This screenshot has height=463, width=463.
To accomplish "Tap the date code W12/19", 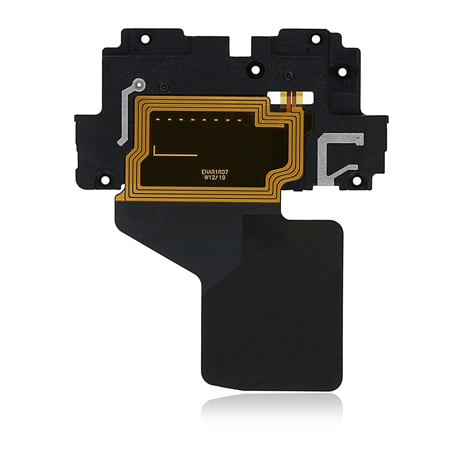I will point(219,177).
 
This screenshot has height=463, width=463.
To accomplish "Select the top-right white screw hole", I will point(315,39).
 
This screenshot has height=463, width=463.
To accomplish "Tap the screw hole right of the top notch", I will point(255,70).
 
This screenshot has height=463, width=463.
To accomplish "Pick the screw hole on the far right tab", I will point(341,72).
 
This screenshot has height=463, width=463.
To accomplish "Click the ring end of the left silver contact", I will point(140,84).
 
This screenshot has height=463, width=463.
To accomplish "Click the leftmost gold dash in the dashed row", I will point(158,119).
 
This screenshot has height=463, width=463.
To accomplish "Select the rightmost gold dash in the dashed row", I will point(239,119).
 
